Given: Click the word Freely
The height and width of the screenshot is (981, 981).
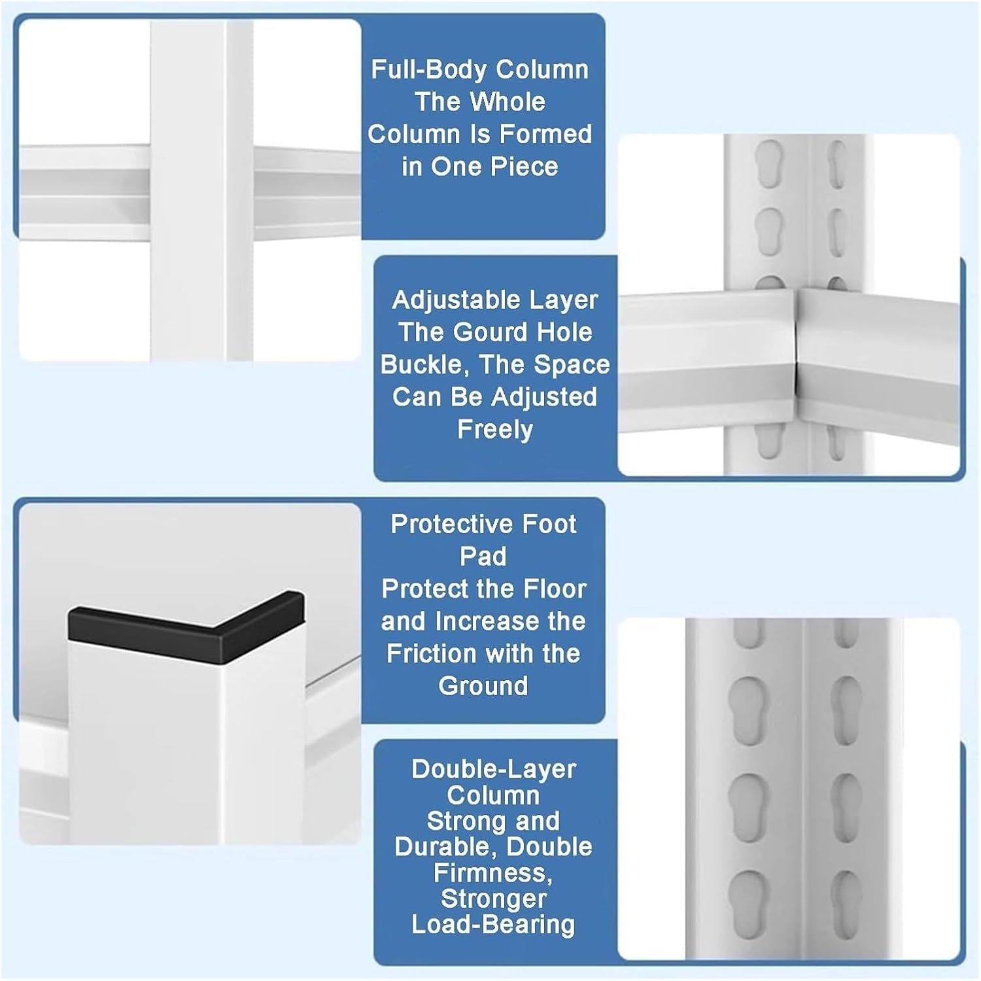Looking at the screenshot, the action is pyautogui.click(x=495, y=430).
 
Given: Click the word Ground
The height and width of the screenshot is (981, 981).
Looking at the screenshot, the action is pyautogui.click(x=483, y=686).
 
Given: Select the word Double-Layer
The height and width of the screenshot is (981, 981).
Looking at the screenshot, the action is pyautogui.click(x=494, y=769).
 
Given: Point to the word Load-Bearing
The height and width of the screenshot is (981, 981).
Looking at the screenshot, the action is pyautogui.click(x=494, y=925).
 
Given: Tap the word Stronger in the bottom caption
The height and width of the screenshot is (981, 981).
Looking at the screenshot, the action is pyautogui.click(x=494, y=899).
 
